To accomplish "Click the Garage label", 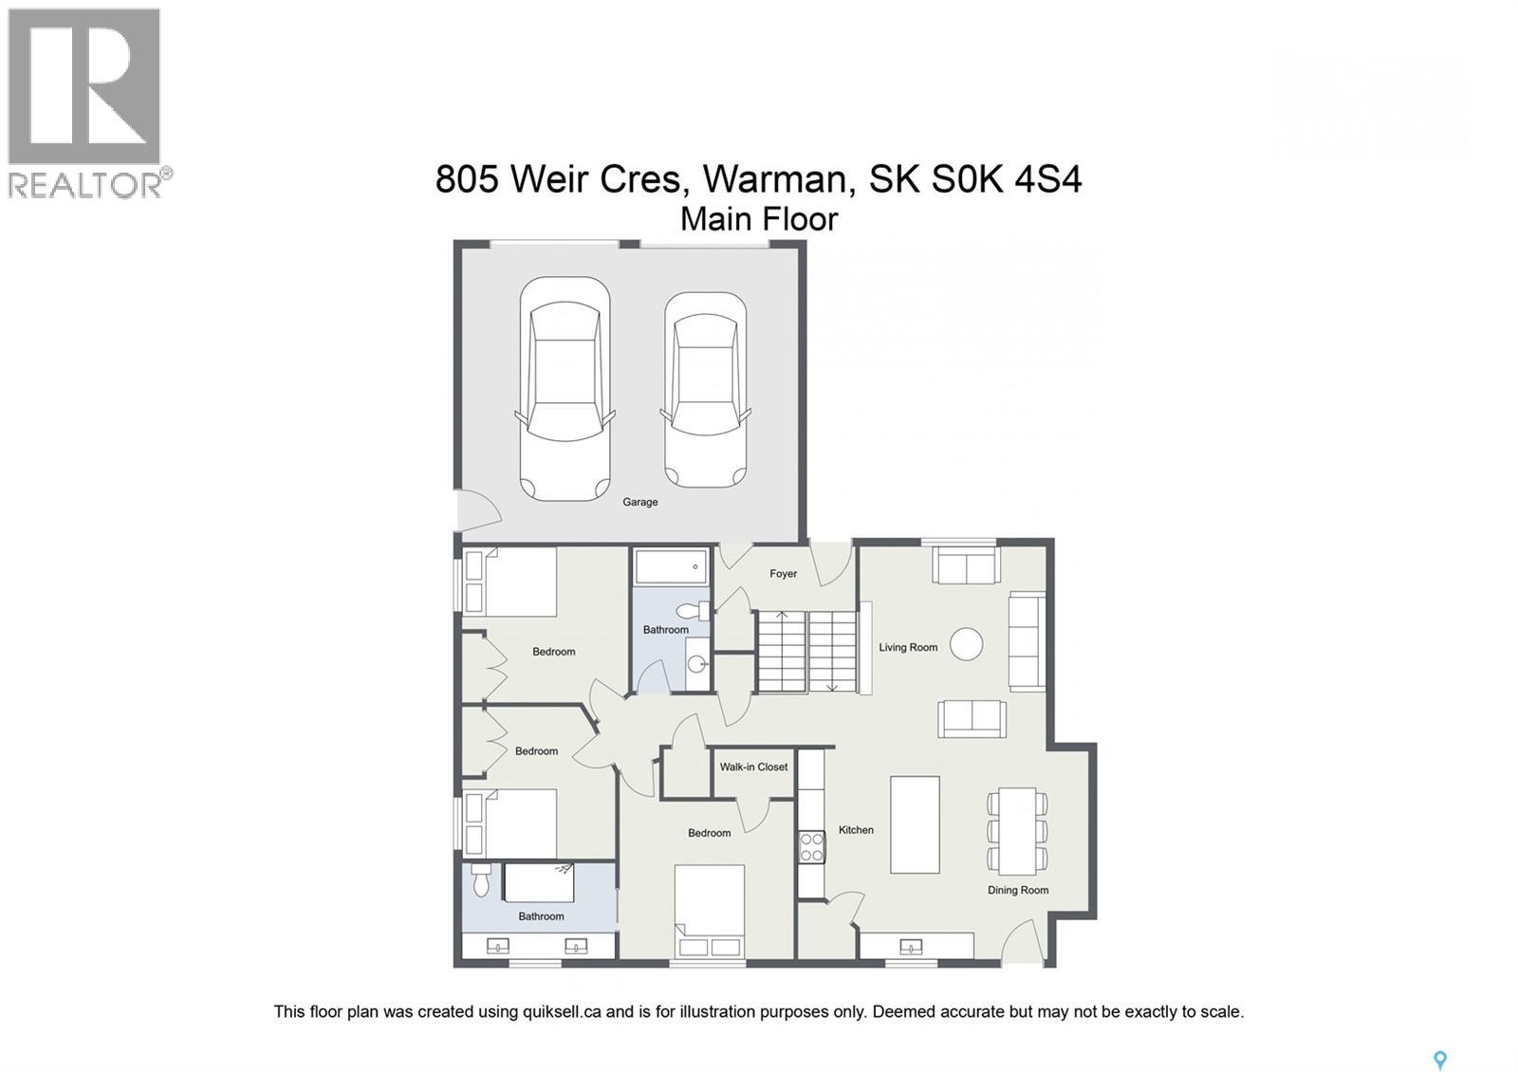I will click(x=639, y=502).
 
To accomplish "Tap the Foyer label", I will click(x=783, y=574).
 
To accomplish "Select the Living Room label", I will click(x=907, y=648).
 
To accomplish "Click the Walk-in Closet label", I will click(x=753, y=767).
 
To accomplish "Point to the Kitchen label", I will click(x=856, y=830).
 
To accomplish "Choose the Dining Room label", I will click(x=1017, y=890).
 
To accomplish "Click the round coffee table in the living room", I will click(x=966, y=644).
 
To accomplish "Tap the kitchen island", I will click(x=915, y=824).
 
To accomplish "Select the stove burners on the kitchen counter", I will click(x=811, y=845).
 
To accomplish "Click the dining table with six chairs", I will click(x=1017, y=831).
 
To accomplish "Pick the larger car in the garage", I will click(x=565, y=389).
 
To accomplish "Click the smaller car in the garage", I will click(x=705, y=389).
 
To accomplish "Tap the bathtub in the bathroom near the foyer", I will click(x=671, y=567).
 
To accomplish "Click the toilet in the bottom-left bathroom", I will click(x=480, y=880).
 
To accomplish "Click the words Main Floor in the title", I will click(x=759, y=219).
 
